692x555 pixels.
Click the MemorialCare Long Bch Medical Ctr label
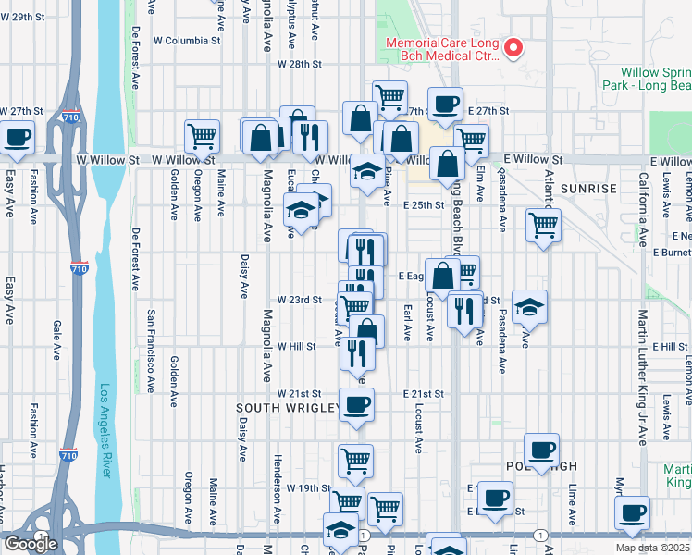pyautogui.click(x=445, y=49)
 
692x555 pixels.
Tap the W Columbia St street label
pyautogui.click(x=188, y=41)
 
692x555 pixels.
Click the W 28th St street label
pyautogui.click(x=299, y=65)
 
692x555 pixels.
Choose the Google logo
pyautogui.click(x=30, y=544)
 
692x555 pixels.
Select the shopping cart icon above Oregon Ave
pyautogui.click(x=202, y=137)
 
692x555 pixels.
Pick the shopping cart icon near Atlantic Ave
pyautogui.click(x=543, y=224)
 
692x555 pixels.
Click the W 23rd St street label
pyautogui.click(x=299, y=301)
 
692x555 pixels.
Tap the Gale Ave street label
pyautogui.click(x=56, y=339)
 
